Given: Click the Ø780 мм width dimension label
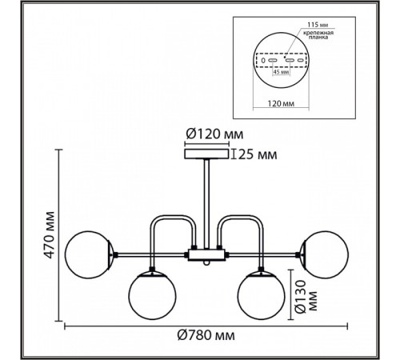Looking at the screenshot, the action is [206, 335].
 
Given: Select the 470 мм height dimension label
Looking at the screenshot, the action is [50, 235].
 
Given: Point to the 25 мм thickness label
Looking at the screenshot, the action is [258, 154].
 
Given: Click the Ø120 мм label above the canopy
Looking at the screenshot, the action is [214, 134].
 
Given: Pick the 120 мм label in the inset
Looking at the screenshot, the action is [281, 103].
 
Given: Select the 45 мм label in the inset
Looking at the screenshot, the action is [282, 72].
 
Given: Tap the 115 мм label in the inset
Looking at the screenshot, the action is [318, 25].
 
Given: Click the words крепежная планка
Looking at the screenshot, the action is [318, 35].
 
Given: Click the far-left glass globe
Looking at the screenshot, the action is [88, 254].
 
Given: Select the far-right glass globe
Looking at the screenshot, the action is [324, 254].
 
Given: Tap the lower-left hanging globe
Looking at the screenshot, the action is [152, 295].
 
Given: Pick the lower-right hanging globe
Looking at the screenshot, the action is [261, 295].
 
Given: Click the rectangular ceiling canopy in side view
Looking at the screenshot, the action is [206, 154].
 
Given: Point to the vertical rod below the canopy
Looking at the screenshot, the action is [206, 204].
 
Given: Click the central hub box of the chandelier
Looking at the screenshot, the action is [206, 255].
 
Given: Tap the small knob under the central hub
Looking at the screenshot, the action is [206, 263].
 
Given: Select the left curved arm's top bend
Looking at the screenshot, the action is [173, 217].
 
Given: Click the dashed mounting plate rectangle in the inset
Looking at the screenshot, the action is [281, 60].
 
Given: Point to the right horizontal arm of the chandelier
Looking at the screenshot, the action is [262, 255].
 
